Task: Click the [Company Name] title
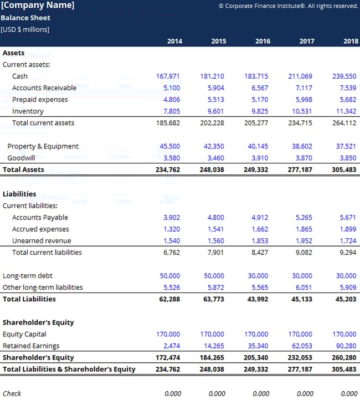point(38,6)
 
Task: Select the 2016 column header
point(263,41)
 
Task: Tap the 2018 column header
point(350,41)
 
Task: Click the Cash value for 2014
point(168,76)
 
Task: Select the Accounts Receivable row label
point(44,88)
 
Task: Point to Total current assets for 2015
point(212,123)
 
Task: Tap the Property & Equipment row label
point(43,146)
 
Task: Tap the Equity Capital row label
point(24,334)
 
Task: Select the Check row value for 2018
point(349,393)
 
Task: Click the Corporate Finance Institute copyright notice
point(288,6)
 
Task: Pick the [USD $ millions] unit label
point(25,29)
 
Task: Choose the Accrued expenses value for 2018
point(348,229)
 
